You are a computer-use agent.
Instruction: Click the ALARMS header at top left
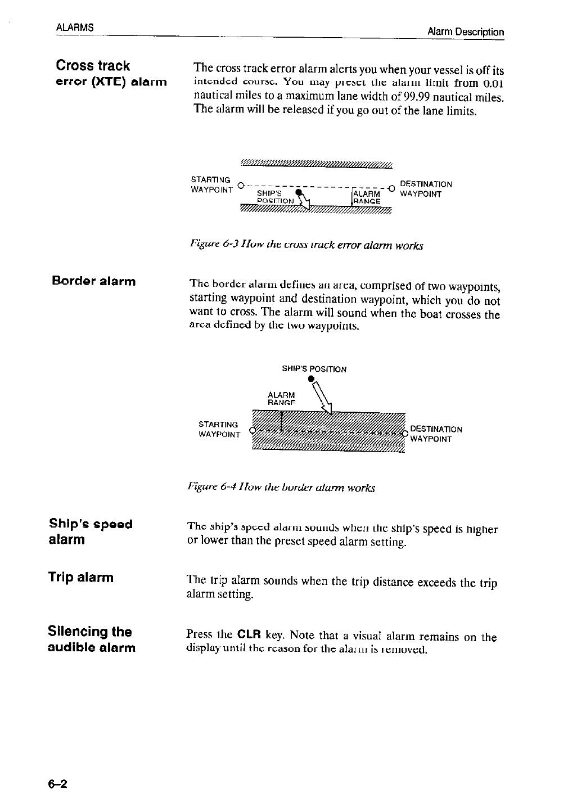tap(74, 28)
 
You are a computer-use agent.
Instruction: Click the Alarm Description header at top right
tap(465, 31)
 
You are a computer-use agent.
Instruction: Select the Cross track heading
tap(93, 66)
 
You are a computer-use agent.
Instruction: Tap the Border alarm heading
tap(93, 281)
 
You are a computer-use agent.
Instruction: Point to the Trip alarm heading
tap(80, 577)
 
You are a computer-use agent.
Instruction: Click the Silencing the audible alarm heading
tap(91, 639)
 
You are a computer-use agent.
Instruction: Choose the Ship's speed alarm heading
tap(91, 531)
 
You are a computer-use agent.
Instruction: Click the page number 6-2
tap(57, 785)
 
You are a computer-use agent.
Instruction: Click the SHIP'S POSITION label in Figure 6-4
tap(314, 370)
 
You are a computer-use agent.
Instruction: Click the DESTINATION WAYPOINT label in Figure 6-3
tap(425, 189)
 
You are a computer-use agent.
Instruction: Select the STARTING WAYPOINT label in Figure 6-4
tap(219, 429)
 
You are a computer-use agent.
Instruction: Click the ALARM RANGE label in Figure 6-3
tap(367, 197)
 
